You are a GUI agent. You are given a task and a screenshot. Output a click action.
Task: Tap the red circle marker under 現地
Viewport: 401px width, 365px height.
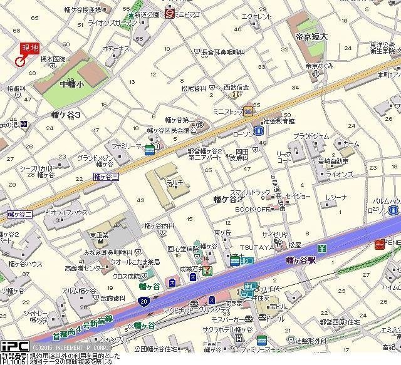coord(19,61)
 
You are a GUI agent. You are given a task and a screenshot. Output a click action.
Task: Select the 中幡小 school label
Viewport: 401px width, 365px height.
coord(72,83)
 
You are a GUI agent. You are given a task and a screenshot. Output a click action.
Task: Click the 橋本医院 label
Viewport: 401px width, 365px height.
coord(53,59)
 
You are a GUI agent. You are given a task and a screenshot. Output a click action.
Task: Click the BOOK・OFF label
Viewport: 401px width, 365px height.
coord(253,209)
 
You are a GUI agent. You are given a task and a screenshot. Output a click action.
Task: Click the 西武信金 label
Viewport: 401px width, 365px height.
coord(236,88)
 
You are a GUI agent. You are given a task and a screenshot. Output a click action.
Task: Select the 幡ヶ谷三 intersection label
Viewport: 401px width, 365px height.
coord(106,177)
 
